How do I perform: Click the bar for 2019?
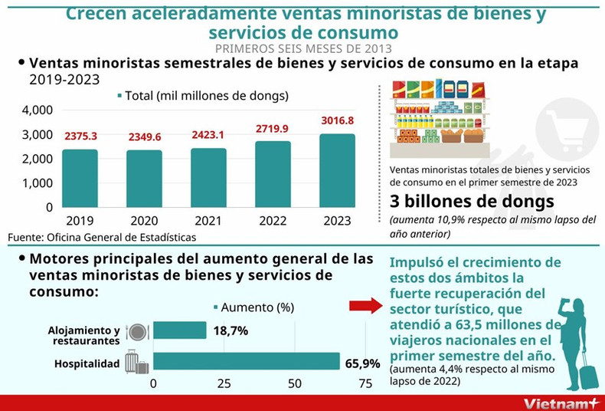[80, 178]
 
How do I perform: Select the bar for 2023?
[337, 170]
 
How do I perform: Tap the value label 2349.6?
[145, 136]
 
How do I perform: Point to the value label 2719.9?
[273, 128]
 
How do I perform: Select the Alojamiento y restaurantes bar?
[180, 330]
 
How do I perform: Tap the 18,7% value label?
[231, 330]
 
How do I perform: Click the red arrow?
[365, 307]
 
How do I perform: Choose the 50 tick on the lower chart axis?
[294, 383]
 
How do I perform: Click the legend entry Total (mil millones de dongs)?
[202, 96]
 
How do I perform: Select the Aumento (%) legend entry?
[253, 307]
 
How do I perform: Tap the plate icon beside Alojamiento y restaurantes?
[137, 331]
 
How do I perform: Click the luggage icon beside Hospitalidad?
[136, 362]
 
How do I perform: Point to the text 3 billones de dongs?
[472, 202]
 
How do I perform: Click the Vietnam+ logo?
[560, 403]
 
